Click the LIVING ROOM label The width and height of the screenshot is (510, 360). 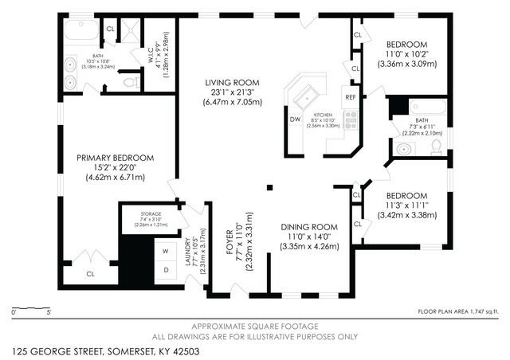pos(232,82)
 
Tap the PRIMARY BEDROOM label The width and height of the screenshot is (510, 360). pos(115,158)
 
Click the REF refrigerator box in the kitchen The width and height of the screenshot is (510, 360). pos(350,97)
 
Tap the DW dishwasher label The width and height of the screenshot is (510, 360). pos(295,119)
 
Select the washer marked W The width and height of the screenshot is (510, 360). pos(166,252)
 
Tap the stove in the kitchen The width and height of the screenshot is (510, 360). pos(350,120)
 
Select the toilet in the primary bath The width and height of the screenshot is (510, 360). pos(131,81)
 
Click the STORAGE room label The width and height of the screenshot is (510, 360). pos(151,215)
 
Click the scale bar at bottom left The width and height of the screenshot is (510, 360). pos(32,307)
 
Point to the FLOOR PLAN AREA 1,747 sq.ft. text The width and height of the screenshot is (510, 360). pos(459,311)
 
